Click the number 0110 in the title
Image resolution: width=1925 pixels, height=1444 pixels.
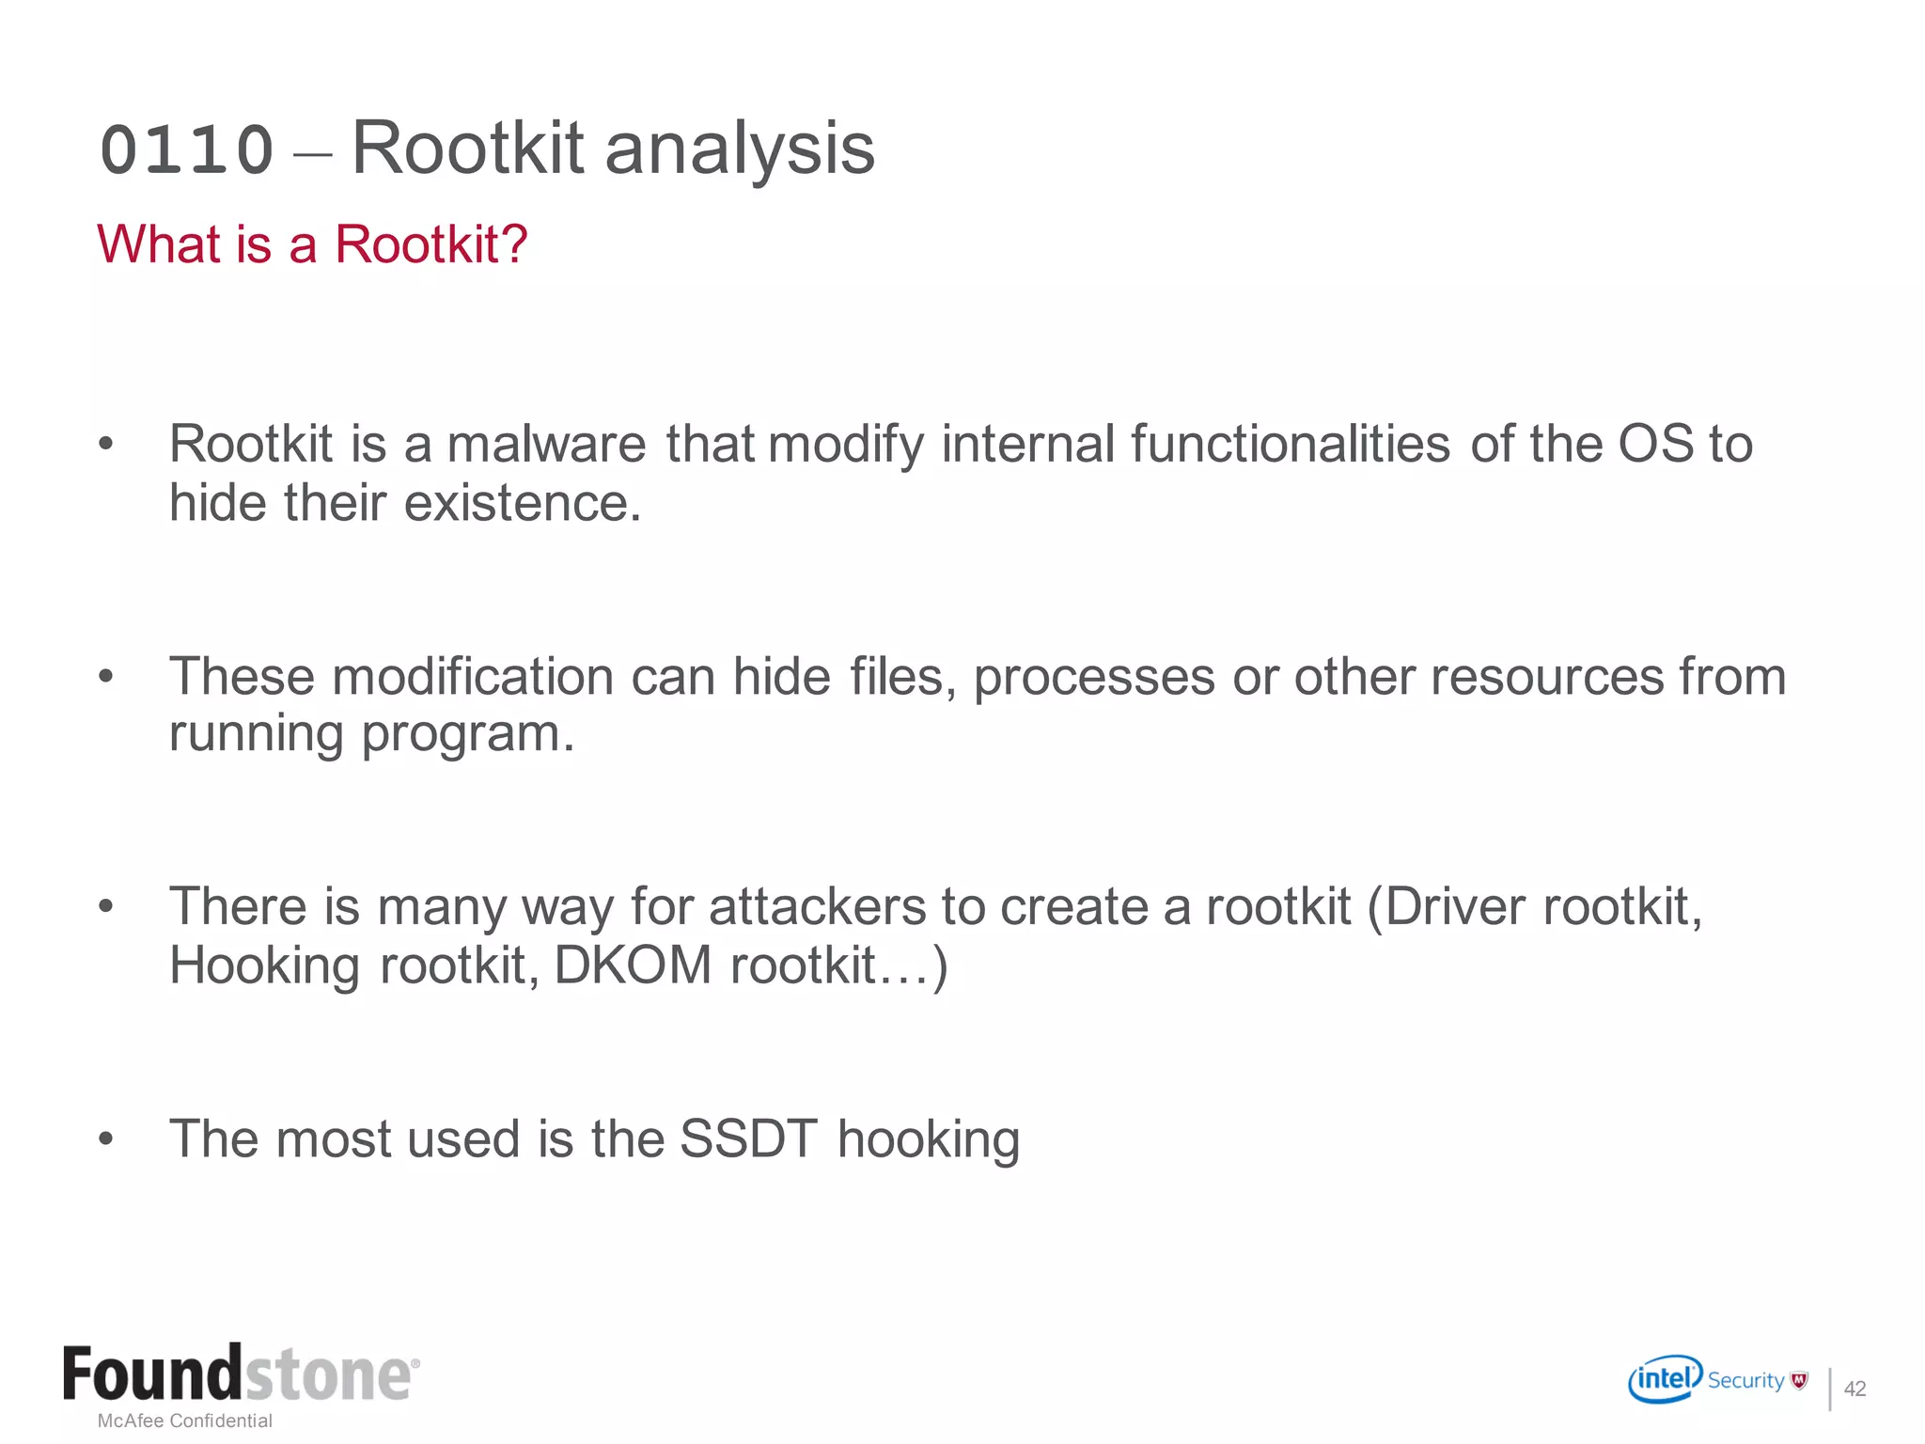click(x=186, y=150)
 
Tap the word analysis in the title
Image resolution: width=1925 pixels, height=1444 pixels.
click(x=740, y=149)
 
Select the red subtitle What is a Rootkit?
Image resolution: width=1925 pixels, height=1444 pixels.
click(x=312, y=244)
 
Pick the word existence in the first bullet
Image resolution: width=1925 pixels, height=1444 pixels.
click(x=523, y=503)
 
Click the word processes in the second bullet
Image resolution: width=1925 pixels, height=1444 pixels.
click(x=1094, y=677)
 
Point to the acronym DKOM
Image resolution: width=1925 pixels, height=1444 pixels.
click(x=633, y=965)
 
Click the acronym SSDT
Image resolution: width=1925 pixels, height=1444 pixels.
click(x=748, y=1139)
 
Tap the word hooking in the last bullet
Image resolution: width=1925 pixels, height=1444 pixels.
click(x=929, y=1139)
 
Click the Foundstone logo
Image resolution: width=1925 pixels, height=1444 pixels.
click(x=241, y=1375)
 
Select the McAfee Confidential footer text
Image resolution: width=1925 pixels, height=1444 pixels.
click(x=185, y=1420)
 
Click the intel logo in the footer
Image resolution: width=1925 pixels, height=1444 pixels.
click(x=1665, y=1379)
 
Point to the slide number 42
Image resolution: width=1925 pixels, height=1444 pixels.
click(x=1855, y=1389)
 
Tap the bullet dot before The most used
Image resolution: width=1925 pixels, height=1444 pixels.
click(x=105, y=1139)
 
